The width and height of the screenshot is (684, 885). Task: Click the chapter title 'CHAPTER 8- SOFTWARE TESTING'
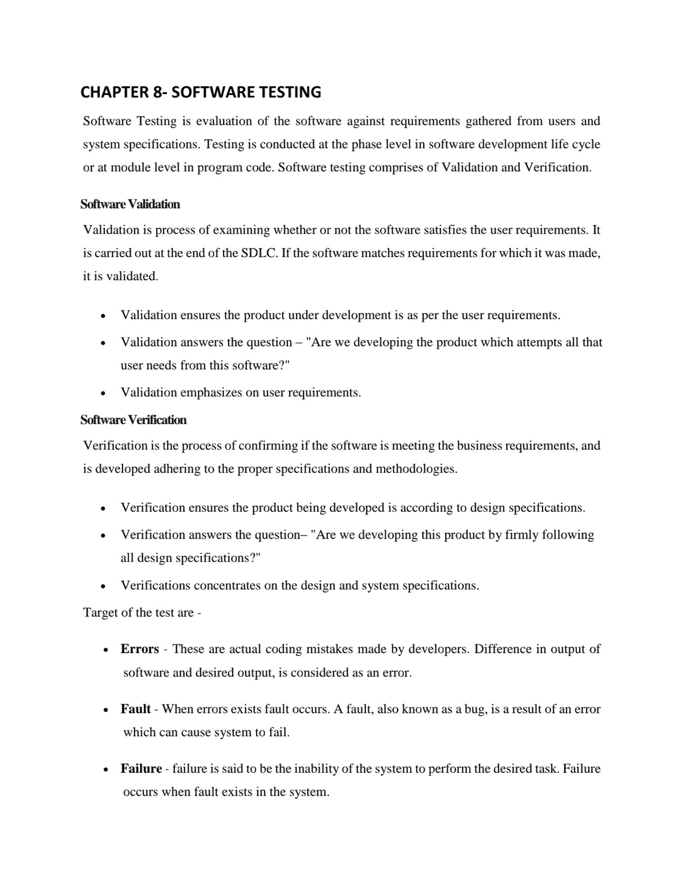click(x=201, y=92)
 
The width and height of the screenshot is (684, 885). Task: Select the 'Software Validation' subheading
click(x=130, y=204)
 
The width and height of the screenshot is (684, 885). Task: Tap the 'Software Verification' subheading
click(x=133, y=420)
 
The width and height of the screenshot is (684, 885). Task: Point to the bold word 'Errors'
click(x=140, y=649)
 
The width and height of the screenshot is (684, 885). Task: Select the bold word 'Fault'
click(x=136, y=709)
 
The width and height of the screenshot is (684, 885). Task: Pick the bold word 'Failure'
click(x=141, y=769)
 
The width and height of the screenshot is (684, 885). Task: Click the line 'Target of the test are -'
click(x=142, y=613)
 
